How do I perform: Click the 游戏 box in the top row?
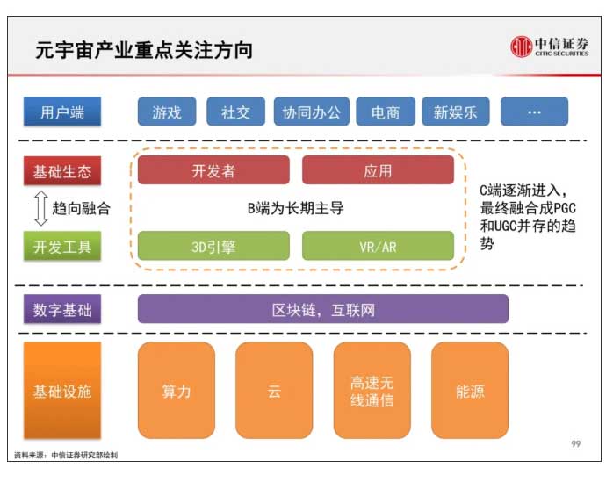pyautogui.click(x=167, y=112)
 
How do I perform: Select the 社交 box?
pyautogui.click(x=235, y=112)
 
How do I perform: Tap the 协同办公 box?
pyautogui.click(x=312, y=112)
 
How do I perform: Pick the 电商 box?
pyautogui.click(x=386, y=112)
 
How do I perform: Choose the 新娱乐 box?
pyautogui.click(x=456, y=112)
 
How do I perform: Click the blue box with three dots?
pyautogui.click(x=535, y=112)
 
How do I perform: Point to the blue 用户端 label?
pyautogui.click(x=62, y=112)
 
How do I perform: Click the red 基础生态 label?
pyautogui.click(x=62, y=170)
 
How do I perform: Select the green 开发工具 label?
pyautogui.click(x=62, y=246)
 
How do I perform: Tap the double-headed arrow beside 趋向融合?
pyautogui.click(x=41, y=208)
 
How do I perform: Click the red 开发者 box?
pyautogui.click(x=213, y=170)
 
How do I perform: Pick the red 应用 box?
pyautogui.click(x=378, y=170)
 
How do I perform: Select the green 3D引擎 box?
pyautogui.click(x=213, y=246)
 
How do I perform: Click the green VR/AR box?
pyautogui.click(x=378, y=246)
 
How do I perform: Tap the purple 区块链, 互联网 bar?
pyautogui.click(x=323, y=309)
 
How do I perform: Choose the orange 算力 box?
pyautogui.click(x=177, y=391)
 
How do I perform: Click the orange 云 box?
pyautogui.click(x=274, y=391)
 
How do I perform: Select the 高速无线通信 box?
pyautogui.click(x=372, y=391)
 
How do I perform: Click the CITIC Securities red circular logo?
pyautogui.click(x=522, y=47)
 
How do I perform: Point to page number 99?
pyautogui.click(x=576, y=443)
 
